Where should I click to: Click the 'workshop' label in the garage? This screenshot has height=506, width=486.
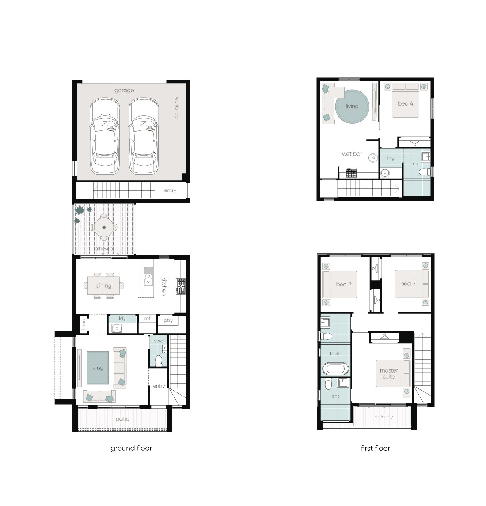click(177, 107)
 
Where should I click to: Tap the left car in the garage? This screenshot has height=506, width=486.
click(105, 136)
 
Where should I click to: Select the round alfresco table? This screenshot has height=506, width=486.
click(104, 227)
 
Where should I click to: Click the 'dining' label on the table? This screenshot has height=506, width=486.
click(103, 285)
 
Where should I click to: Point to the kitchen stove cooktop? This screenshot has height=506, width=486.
click(181, 286)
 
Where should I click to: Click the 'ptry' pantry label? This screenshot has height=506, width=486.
click(168, 320)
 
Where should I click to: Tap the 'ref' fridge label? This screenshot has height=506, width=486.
click(148, 319)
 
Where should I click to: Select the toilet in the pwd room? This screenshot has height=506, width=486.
click(159, 361)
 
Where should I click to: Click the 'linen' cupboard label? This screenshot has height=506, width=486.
click(84, 324)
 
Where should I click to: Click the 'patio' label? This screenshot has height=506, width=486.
click(122, 419)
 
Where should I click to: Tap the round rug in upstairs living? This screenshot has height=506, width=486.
click(352, 107)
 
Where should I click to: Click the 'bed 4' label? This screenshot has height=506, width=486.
click(405, 103)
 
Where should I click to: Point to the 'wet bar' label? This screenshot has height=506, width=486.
click(352, 154)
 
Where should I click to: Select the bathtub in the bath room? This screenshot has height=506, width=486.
click(336, 369)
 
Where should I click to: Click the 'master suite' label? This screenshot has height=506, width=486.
click(389, 373)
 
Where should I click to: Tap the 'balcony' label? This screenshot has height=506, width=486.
click(383, 417)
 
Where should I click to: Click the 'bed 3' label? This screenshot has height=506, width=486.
click(408, 284)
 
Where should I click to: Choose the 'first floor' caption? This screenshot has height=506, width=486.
click(375, 448)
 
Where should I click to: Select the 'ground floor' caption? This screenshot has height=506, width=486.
click(131, 448)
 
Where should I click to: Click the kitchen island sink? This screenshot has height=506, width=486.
click(148, 277)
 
